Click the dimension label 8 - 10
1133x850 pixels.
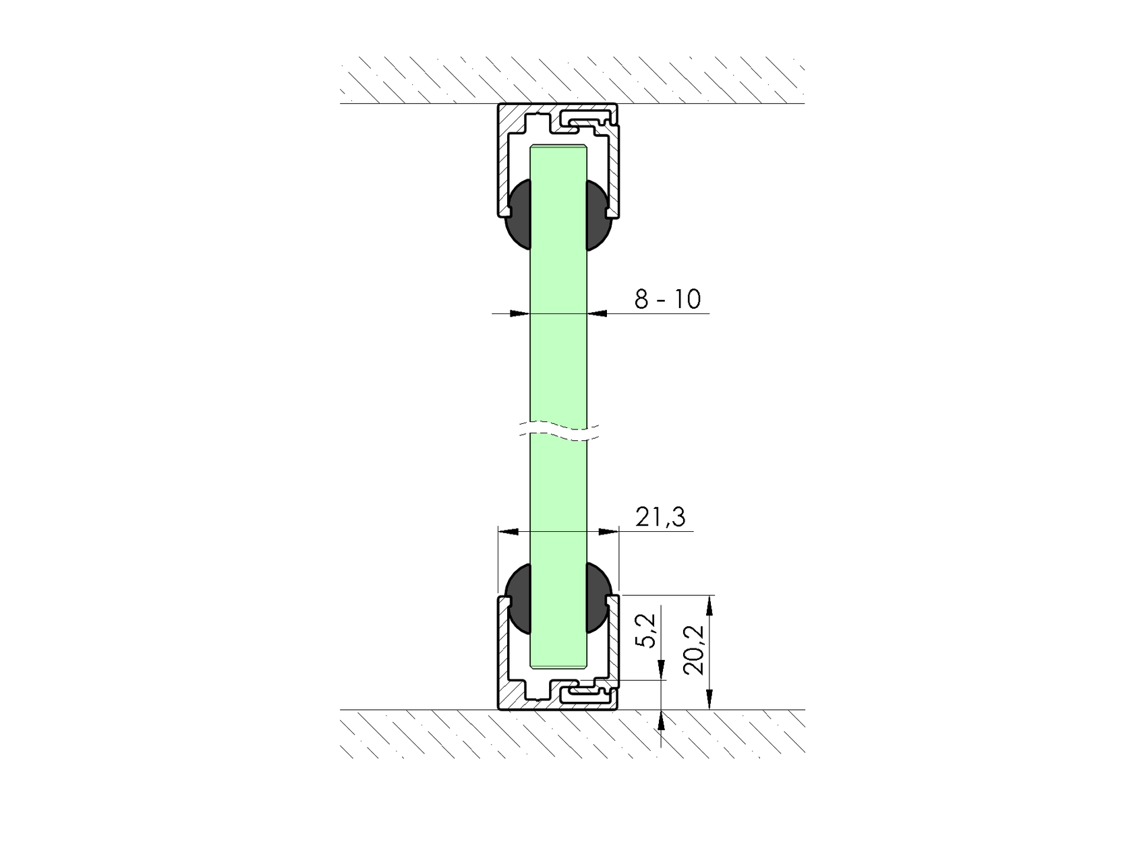click(x=667, y=299)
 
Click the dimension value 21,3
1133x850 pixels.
click(x=660, y=517)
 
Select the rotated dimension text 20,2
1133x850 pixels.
click(x=693, y=650)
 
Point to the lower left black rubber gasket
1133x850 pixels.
click(x=517, y=597)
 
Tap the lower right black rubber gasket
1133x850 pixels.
click(x=599, y=597)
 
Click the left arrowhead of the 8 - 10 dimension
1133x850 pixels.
click(x=519, y=313)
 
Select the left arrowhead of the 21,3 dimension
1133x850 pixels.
click(x=507, y=532)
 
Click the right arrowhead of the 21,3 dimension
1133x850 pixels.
click(x=608, y=532)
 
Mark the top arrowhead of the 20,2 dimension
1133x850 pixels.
click(x=709, y=604)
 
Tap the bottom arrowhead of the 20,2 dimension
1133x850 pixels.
click(x=709, y=700)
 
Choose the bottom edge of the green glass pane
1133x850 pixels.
click(x=558, y=667)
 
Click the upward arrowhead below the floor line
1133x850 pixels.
click(x=662, y=721)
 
